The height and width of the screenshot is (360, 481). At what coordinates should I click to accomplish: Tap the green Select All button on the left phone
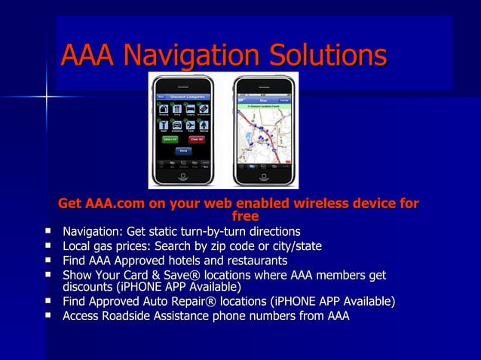click(x=170, y=139)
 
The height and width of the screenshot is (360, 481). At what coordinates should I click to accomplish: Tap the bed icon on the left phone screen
click(x=189, y=110)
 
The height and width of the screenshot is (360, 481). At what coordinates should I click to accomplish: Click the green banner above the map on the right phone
click(x=265, y=106)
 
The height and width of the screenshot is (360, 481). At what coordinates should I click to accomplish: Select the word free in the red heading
click(x=239, y=217)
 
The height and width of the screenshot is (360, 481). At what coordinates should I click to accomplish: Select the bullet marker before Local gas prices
click(x=49, y=246)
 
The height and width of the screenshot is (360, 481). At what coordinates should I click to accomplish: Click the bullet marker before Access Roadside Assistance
click(x=49, y=316)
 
